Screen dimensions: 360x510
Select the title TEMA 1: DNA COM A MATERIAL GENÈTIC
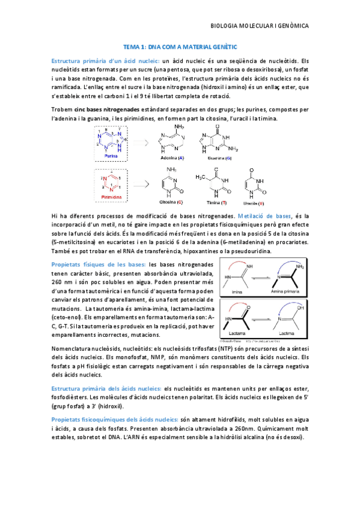coord(180,46)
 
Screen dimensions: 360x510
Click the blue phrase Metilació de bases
coord(263,215)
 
